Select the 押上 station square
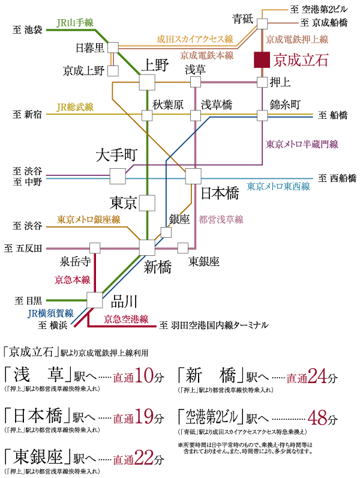click(262, 82)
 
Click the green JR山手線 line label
click(75, 23)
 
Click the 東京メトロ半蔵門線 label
click(302, 144)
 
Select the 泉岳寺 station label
click(75, 262)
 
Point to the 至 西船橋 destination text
click(337, 178)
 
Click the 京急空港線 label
click(126, 319)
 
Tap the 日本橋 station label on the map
click(220, 193)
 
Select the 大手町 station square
click(118, 176)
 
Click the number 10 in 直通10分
click(146, 377)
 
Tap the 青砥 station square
click(262, 23)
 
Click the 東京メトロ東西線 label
click(278, 187)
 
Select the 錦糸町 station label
click(284, 104)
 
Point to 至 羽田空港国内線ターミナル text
click(214, 325)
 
